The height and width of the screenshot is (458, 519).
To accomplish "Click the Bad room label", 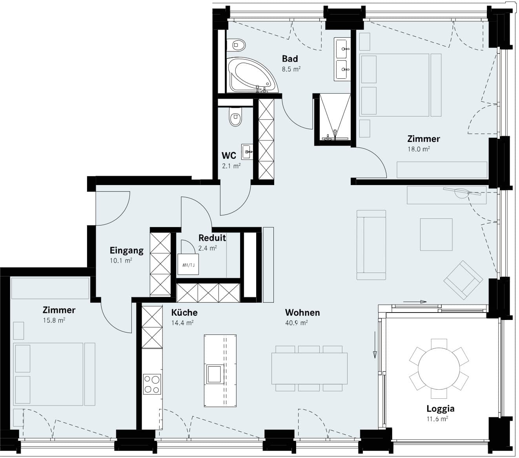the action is tap(290, 59).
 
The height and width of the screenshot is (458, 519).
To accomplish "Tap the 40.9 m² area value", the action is tap(297, 323).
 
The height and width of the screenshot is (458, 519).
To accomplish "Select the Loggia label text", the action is tap(441, 409).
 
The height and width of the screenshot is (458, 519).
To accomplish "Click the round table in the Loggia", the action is tap(439, 369).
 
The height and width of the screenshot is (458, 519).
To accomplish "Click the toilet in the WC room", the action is tap(235, 116).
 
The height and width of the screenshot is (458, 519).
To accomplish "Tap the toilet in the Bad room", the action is tap(236, 45).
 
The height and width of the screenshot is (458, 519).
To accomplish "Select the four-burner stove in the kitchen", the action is tap(152, 384).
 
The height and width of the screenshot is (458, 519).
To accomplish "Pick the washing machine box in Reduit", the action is tap(188, 264).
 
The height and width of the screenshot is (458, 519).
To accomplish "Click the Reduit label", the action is tap(212, 238).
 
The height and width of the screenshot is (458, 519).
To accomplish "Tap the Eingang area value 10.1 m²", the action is tap(121, 260).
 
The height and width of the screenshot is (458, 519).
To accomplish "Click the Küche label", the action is tap(184, 313).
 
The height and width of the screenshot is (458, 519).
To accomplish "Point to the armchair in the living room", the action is tap(463, 280).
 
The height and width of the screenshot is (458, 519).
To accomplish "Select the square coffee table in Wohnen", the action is tap(436, 234).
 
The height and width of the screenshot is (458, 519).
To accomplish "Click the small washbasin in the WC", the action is tap(247, 152).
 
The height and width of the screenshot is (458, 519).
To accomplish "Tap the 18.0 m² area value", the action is tap(419, 149).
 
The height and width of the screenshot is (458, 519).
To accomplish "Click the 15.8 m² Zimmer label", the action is tap(59, 310).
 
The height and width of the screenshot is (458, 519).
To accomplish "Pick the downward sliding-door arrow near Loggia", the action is tap(375, 345).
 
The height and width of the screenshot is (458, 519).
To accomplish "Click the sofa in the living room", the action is tap(371, 245).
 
